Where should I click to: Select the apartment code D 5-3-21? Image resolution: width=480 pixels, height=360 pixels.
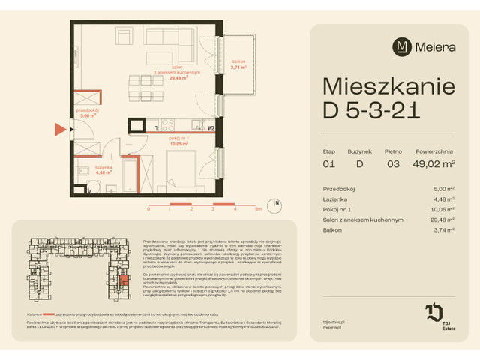click(x=370, y=115)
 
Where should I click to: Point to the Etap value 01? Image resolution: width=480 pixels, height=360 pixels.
click(x=328, y=164)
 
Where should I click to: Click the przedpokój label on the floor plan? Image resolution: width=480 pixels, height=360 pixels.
click(x=88, y=114)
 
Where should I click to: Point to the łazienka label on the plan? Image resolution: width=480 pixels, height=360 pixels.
click(x=103, y=170)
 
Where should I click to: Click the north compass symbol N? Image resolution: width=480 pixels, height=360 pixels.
click(x=277, y=203)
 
